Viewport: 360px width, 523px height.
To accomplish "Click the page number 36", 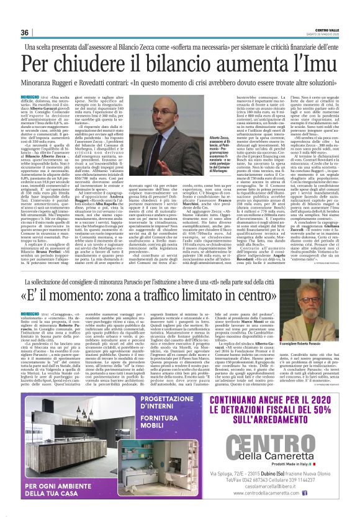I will click(x=25, y=32).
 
